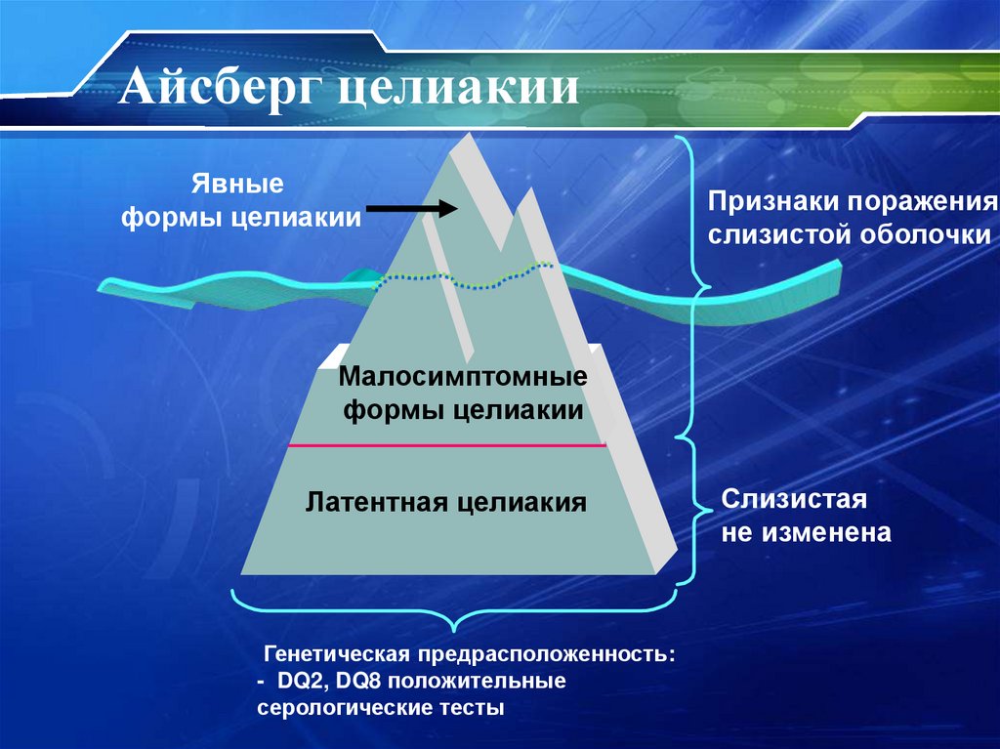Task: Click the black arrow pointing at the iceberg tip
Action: pyautogui.click(x=411, y=208)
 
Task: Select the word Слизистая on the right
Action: pyautogui.click(x=794, y=500)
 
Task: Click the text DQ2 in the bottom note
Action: pyautogui.click(x=295, y=680)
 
